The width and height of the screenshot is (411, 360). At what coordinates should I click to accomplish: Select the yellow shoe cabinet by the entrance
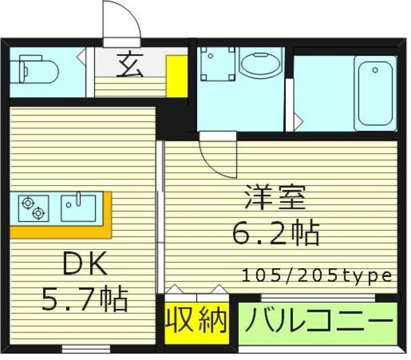click(x=175, y=75)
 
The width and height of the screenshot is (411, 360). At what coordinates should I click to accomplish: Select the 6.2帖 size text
click(x=276, y=233)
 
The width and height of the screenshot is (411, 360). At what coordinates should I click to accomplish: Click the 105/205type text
click(x=317, y=276)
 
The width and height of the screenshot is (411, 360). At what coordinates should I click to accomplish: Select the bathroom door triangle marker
click(x=297, y=120)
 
